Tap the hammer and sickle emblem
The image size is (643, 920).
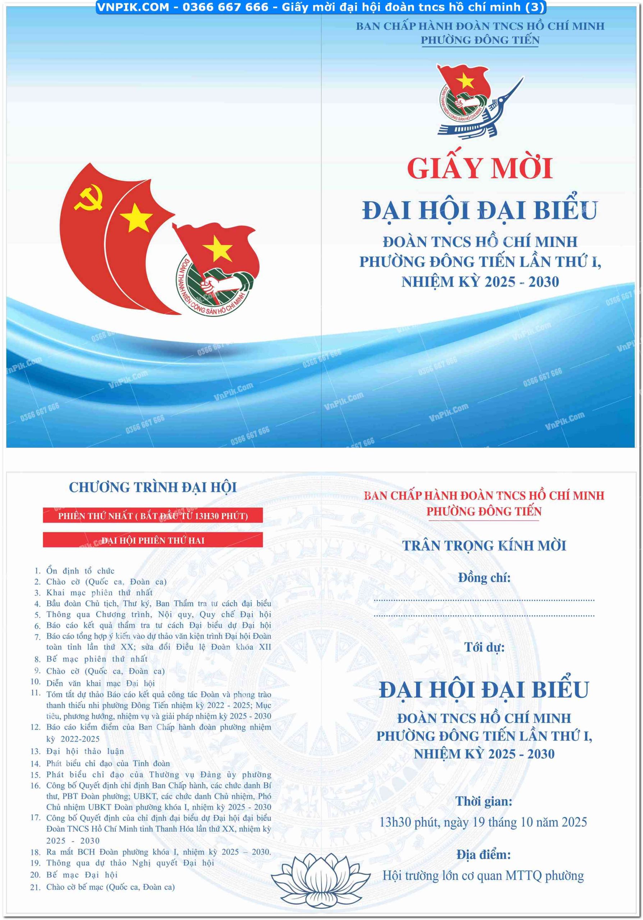point(88,197)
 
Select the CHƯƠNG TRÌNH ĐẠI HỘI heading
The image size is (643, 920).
point(153,487)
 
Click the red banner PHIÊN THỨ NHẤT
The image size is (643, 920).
point(153,516)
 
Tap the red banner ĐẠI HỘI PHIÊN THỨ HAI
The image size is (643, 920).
point(153,540)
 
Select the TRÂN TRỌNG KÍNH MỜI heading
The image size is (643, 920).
point(483,545)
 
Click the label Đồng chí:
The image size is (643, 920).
point(484,578)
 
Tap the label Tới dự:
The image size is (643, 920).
point(484,647)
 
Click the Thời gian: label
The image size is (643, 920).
point(483,801)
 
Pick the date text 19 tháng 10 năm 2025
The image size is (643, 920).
point(529,822)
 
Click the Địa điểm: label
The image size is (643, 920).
point(483,855)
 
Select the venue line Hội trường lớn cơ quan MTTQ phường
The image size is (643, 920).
point(483,876)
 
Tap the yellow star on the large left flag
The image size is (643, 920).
point(136,217)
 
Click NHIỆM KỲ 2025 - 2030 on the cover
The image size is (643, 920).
point(480,282)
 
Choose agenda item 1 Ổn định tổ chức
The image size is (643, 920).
point(80,571)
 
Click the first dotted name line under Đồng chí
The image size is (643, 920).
point(483,600)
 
